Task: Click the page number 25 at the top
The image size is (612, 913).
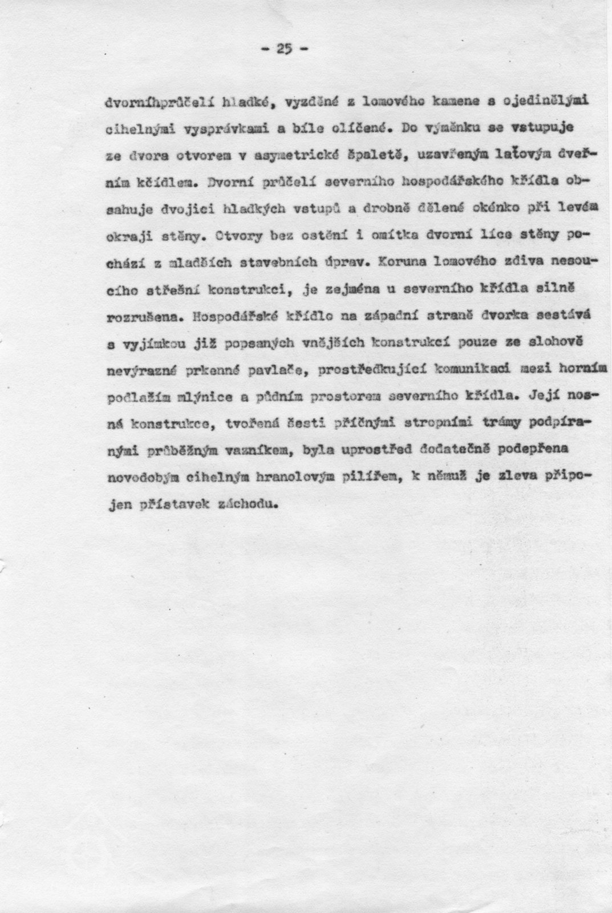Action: click(x=283, y=49)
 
